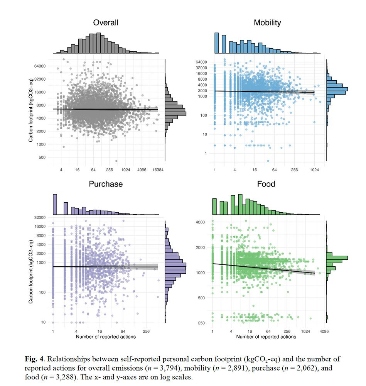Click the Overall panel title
pos(106,23)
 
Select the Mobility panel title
pos(267,23)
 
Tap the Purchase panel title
pos(106,184)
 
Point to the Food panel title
pos(266,184)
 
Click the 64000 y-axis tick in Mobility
pos(201,62)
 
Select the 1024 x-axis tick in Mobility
pos(314,170)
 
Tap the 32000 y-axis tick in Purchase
pos(40,218)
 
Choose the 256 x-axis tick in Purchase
pos(146,331)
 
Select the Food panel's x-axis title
pos(266,337)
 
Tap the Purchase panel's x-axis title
pos(106,337)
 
